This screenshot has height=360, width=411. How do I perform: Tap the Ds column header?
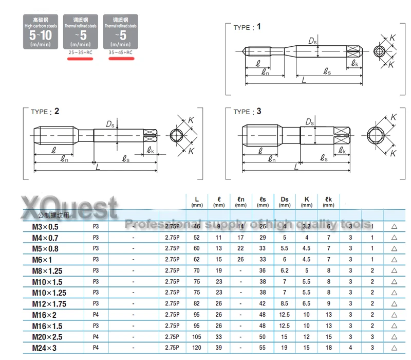click(x=285, y=202)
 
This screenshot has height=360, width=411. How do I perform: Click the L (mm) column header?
click(x=197, y=202)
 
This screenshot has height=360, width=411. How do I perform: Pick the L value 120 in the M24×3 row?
click(x=197, y=348)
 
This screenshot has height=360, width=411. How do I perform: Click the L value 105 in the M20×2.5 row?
click(x=197, y=337)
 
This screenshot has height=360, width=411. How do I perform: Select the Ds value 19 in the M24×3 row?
click(x=285, y=348)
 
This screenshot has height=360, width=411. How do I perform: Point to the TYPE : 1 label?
click(x=247, y=27)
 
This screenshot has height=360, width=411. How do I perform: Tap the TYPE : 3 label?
click(x=247, y=111)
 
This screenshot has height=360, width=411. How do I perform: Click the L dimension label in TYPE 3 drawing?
click(x=296, y=167)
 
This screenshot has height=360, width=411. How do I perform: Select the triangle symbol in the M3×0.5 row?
click(x=394, y=226)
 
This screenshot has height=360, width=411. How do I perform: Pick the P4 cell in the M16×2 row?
click(x=96, y=315)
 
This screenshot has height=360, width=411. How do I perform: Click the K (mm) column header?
click(x=307, y=202)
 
